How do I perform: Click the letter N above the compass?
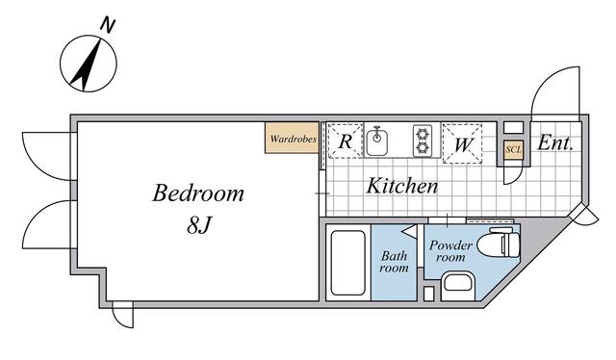107,24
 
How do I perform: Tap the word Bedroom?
198,193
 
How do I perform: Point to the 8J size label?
199,225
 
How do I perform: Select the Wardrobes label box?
292,138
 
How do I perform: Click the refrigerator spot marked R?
346,141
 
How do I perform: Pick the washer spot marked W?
462,143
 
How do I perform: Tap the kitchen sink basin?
377,142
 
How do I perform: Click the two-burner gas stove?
423,141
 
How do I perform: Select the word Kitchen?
402,187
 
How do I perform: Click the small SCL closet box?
513,150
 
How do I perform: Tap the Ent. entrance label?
555,143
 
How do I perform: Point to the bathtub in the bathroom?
347,263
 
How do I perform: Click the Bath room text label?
394,262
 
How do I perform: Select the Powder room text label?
450,251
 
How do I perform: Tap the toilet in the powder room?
498,244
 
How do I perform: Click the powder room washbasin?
457,287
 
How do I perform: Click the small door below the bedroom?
122,315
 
